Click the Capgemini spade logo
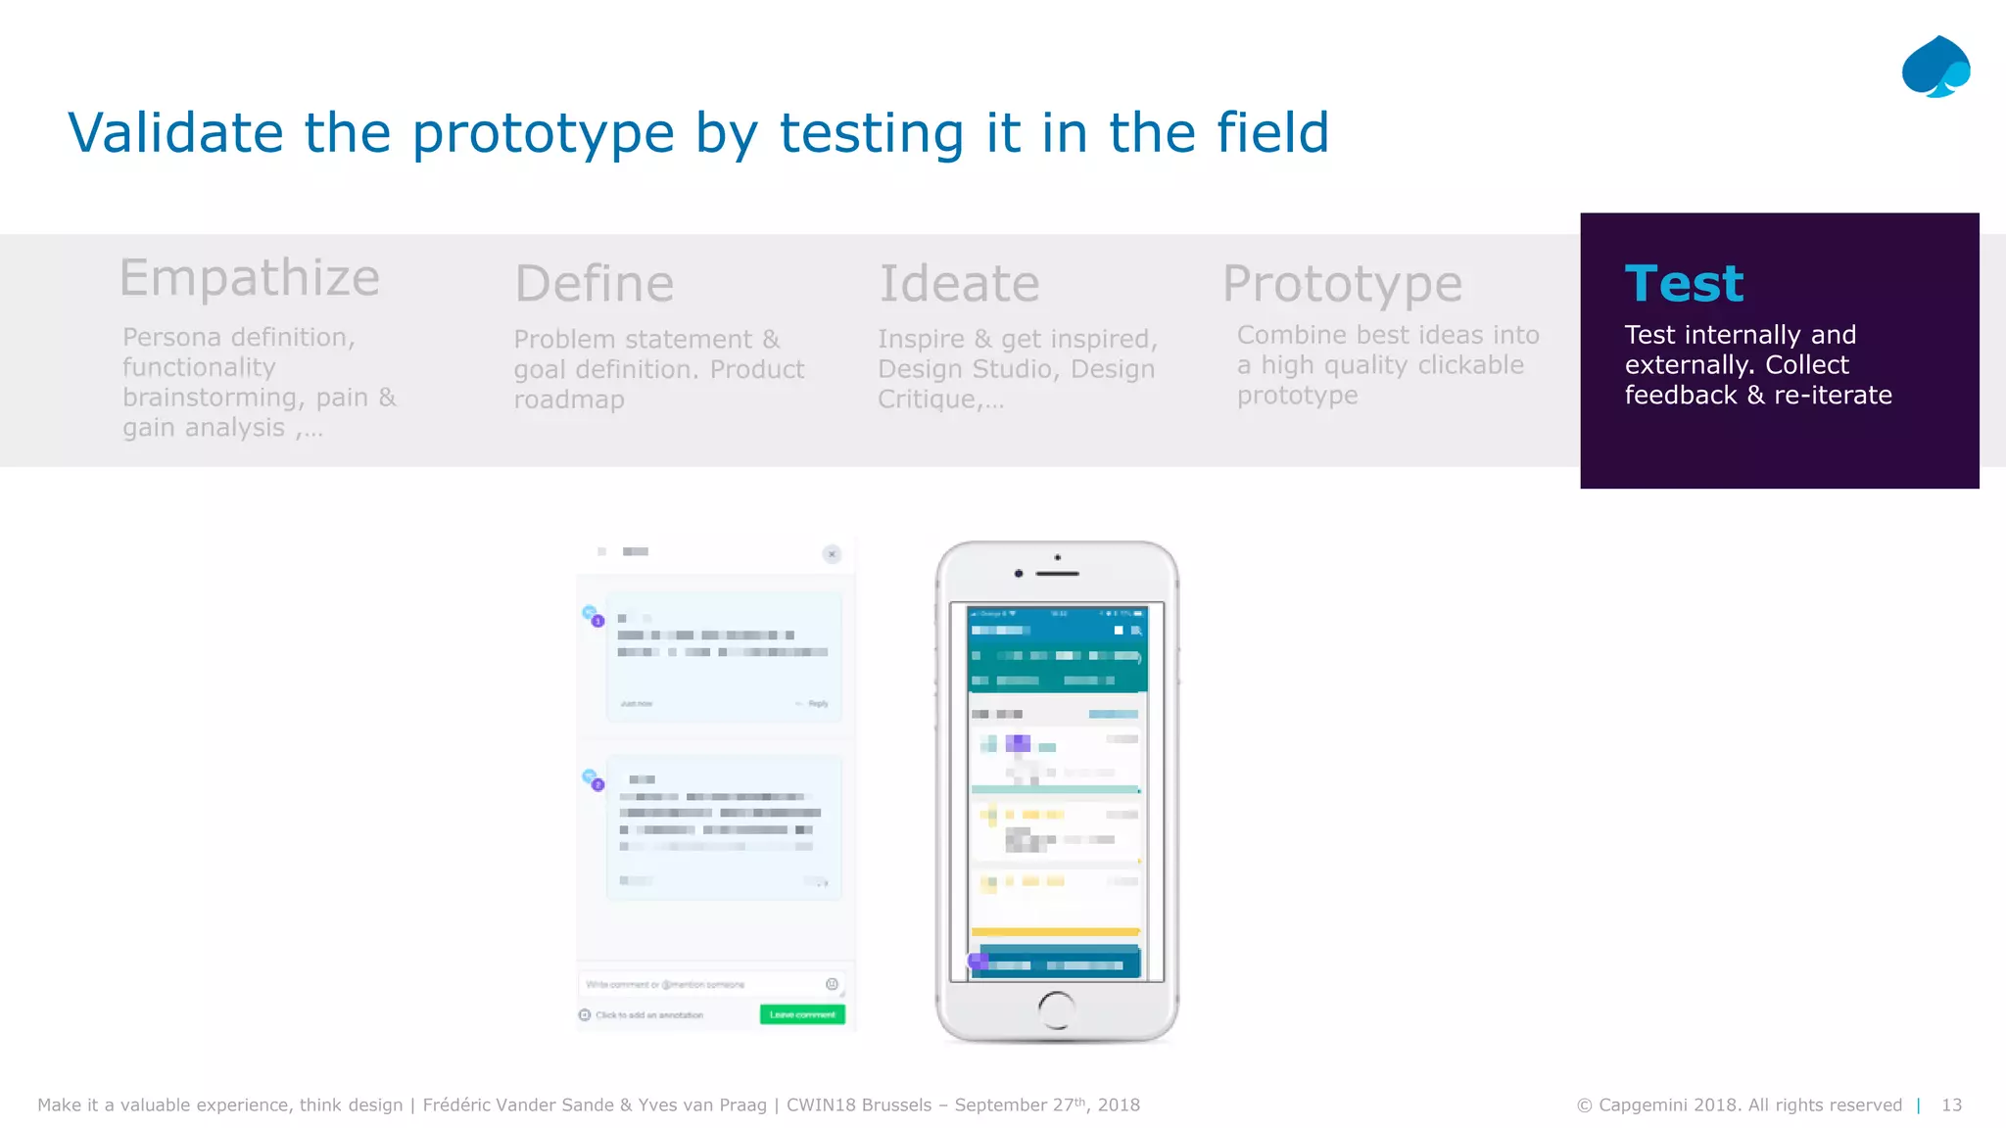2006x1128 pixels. coord(1935,67)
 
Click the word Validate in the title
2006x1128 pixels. coord(175,133)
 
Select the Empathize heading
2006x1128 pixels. coord(249,278)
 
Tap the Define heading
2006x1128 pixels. coord(594,284)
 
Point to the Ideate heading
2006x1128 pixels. coord(959,284)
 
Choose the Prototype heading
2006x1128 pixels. coord(1342,284)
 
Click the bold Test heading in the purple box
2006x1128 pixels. coord(1684,284)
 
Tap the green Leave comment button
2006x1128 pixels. coord(802,1014)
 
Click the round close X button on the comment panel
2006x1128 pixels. coord(832,554)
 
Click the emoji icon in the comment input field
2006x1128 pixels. coord(832,984)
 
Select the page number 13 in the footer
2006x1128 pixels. coord(1951,1105)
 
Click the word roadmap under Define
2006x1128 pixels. coord(569,400)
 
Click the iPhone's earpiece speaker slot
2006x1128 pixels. coord(1058,574)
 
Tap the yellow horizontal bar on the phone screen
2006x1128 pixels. coord(1055,931)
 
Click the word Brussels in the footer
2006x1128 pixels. coord(892,1105)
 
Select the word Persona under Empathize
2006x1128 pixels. coord(171,338)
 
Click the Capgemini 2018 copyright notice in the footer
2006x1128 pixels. coord(1739,1105)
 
